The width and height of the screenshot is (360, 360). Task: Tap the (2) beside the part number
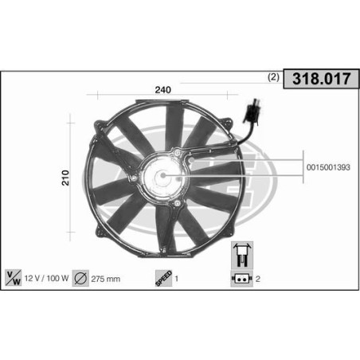[x=273, y=78]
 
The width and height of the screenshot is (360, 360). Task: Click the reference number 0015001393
[x=327, y=168]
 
